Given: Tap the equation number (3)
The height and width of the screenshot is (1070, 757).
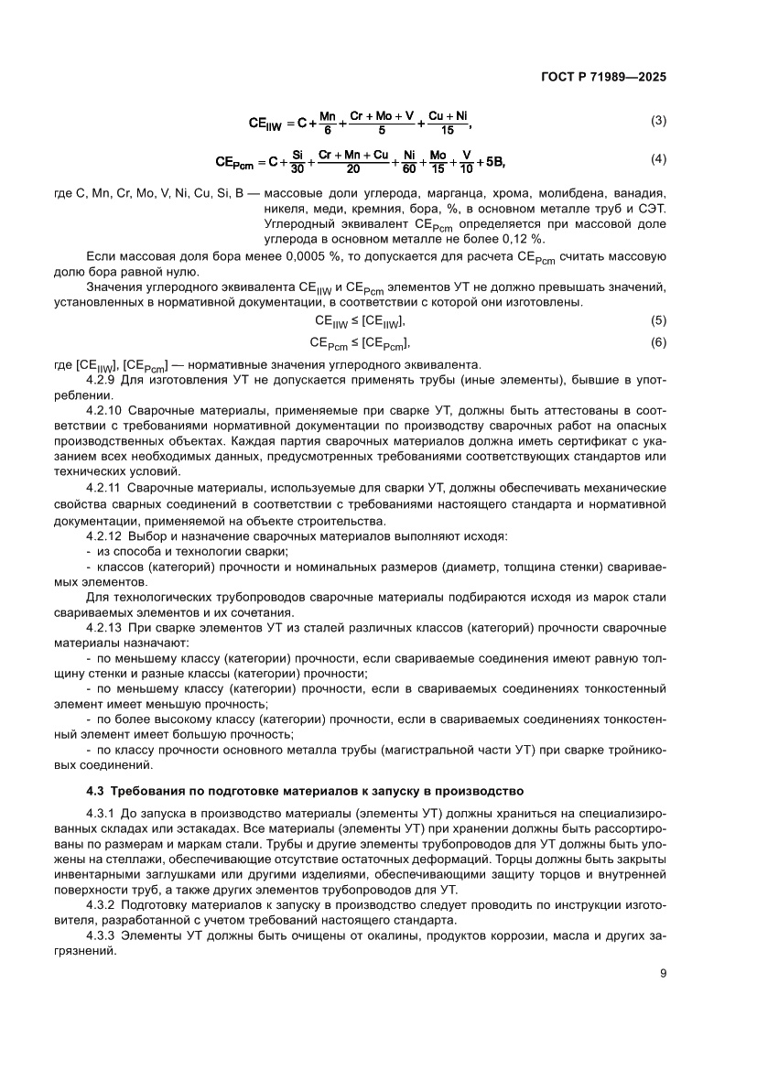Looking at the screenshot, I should pyautogui.click(x=657, y=121).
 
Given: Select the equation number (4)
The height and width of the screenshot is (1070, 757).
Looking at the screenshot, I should pyautogui.click(x=657, y=159).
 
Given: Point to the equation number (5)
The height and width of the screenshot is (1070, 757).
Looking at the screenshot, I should pyautogui.click(x=657, y=320).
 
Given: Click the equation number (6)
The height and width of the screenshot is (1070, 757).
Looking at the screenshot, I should pyautogui.click(x=657, y=342).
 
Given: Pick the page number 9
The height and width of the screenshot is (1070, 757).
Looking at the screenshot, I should pyautogui.click(x=662, y=973).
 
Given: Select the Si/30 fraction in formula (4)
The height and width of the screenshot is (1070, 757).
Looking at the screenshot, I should pyautogui.click(x=297, y=162).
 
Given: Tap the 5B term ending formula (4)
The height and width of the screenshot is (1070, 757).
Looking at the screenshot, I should pyautogui.click(x=493, y=162).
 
